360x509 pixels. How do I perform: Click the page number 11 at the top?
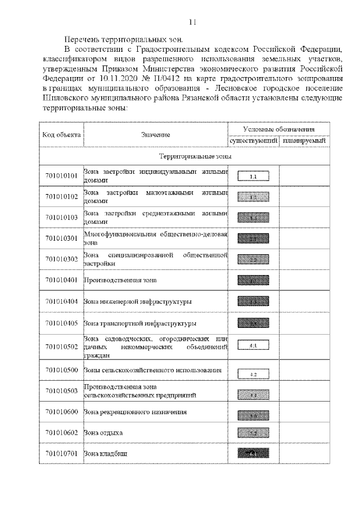(192, 22)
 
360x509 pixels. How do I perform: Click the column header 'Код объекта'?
(61, 135)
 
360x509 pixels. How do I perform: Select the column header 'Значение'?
(156, 135)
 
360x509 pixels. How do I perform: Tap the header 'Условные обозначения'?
(278, 129)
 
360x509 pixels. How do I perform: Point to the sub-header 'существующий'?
(254, 141)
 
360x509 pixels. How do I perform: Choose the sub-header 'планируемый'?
(304, 141)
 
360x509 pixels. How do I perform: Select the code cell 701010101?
(61, 177)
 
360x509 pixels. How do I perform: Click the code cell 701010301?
(61, 239)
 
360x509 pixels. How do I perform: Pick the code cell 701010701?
(61, 453)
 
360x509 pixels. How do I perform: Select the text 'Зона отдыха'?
(103, 433)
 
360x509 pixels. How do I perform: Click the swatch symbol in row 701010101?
(254, 177)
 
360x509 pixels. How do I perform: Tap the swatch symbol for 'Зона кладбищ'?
(254, 453)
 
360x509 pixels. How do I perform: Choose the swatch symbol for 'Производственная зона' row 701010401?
(254, 280)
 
